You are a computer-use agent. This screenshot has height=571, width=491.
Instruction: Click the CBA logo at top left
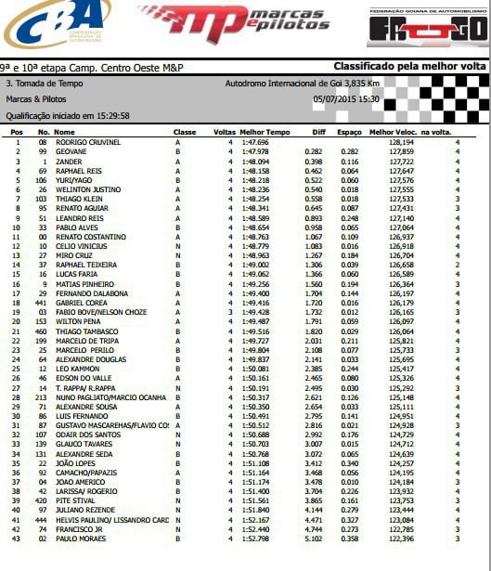(56, 25)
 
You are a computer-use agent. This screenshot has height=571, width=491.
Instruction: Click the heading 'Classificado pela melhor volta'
(410, 68)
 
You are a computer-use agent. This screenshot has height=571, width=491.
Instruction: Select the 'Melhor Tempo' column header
(259, 133)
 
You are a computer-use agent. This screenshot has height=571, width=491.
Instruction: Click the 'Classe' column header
(185, 133)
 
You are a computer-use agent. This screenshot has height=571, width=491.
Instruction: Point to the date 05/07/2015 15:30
(345, 98)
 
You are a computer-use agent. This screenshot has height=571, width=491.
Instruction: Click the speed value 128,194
(401, 142)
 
